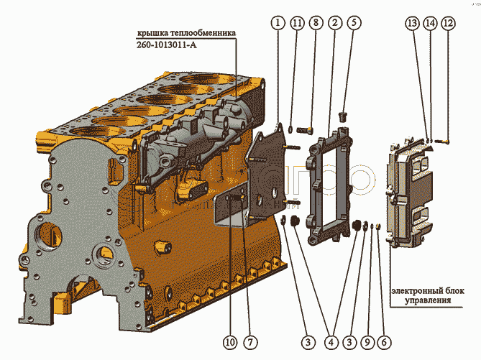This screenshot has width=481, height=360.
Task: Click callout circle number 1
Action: pyautogui.click(x=278, y=23)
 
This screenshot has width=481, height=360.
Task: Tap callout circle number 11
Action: pyautogui.click(x=297, y=23)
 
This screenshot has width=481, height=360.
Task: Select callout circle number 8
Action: pyautogui.click(x=316, y=23)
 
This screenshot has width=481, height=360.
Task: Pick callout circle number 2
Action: pyautogui.click(x=334, y=23)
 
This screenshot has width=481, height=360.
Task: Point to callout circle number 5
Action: pyautogui.click(x=354, y=23)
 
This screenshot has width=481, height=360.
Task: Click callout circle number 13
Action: pyautogui.click(x=412, y=23)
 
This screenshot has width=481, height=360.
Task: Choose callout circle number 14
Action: pyautogui.click(x=430, y=23)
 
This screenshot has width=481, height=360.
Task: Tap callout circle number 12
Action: pyautogui.click(x=448, y=23)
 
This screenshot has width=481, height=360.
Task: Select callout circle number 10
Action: pyautogui.click(x=230, y=342)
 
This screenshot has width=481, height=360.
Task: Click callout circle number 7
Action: pyautogui.click(x=250, y=342)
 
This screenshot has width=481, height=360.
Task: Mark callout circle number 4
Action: pyautogui.click(x=331, y=342)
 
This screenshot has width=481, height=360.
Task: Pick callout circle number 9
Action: pyautogui.click(x=367, y=342)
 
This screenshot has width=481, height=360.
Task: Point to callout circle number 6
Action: pyautogui.click(x=384, y=342)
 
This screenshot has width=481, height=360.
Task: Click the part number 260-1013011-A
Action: pyautogui.click(x=167, y=45)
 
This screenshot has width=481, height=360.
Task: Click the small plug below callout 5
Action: pyautogui.click(x=342, y=117)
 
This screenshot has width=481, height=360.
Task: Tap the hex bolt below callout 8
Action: pyautogui.click(x=305, y=130)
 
